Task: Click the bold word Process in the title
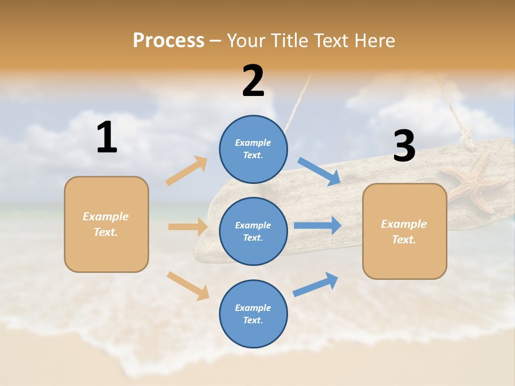tap(168, 40)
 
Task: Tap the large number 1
tap(107, 137)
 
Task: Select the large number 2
tap(253, 81)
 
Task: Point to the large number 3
tap(404, 146)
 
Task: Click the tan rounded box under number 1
tap(106, 224)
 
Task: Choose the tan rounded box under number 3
tap(404, 231)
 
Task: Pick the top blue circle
tap(253, 149)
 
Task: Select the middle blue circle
tap(253, 231)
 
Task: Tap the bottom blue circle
tap(253, 314)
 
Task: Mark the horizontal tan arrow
tap(188, 227)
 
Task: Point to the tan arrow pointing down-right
tap(188, 285)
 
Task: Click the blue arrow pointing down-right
tap(319, 172)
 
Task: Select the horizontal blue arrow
tap(318, 225)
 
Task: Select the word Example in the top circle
tap(253, 143)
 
